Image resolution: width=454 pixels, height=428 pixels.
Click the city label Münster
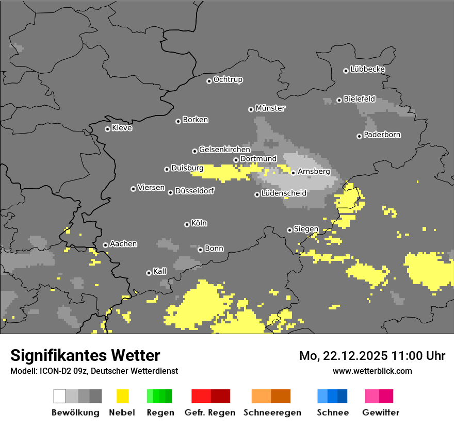pyautogui.click(x=270, y=108)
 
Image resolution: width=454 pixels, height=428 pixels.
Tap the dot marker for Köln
pyautogui.click(x=187, y=224)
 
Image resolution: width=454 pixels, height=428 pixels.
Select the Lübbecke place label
pyautogui.click(x=367, y=69)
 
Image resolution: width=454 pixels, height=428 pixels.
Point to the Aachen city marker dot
pyautogui.click(x=105, y=245)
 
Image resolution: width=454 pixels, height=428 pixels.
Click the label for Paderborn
pyautogui.click(x=382, y=135)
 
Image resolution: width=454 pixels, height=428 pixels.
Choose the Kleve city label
pyautogui.click(x=122, y=128)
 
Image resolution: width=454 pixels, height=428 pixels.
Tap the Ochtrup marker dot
pyautogui.click(x=209, y=80)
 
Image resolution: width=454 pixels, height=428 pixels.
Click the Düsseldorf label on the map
pyautogui.click(x=194, y=191)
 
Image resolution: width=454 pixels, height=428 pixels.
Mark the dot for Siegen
pyautogui.click(x=289, y=230)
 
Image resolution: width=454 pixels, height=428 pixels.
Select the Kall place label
pyautogui.click(x=159, y=271)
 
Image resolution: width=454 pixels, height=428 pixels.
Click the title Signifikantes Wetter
pyautogui.click(x=85, y=355)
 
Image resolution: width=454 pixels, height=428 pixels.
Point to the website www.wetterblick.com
pyautogui.click(x=372, y=371)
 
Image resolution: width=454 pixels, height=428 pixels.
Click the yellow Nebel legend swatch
pyautogui.click(x=122, y=396)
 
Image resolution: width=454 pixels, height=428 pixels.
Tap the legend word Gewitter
pyautogui.click(x=381, y=413)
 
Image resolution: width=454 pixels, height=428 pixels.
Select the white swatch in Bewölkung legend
pyautogui.click(x=60, y=396)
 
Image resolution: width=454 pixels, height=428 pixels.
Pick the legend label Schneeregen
pyautogui.click(x=272, y=413)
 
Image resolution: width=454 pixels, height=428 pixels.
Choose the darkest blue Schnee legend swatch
pyautogui.click(x=342, y=396)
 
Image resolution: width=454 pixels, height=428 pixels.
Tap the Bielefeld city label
pyautogui.click(x=359, y=99)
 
